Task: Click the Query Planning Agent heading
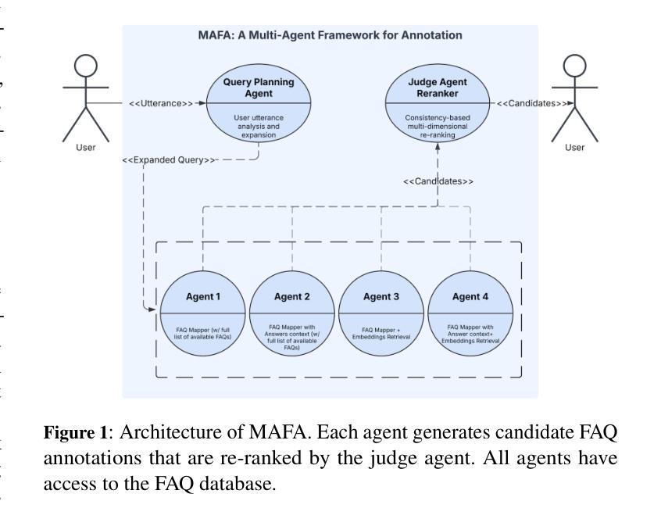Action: tap(259, 87)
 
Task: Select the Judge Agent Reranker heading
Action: tap(438, 87)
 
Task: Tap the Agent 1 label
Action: tap(203, 297)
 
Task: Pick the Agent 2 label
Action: tap(292, 297)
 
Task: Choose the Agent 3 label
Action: tap(381, 297)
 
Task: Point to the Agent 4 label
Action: tap(470, 297)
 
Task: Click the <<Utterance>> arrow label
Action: tap(161, 103)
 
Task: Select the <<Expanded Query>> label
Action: tap(170, 159)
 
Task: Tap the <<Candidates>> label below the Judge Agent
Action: tap(438, 181)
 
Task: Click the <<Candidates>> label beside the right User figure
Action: tap(531, 103)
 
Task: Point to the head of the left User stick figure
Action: tap(85, 67)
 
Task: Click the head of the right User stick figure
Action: tap(574, 67)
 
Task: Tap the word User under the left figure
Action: tap(85, 148)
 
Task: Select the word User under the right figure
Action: tap(574, 148)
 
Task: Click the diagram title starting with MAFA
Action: tap(330, 35)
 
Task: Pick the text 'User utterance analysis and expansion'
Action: tap(259, 126)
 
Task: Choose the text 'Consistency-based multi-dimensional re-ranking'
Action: tap(438, 126)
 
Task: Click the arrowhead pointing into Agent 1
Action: tap(155, 310)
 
